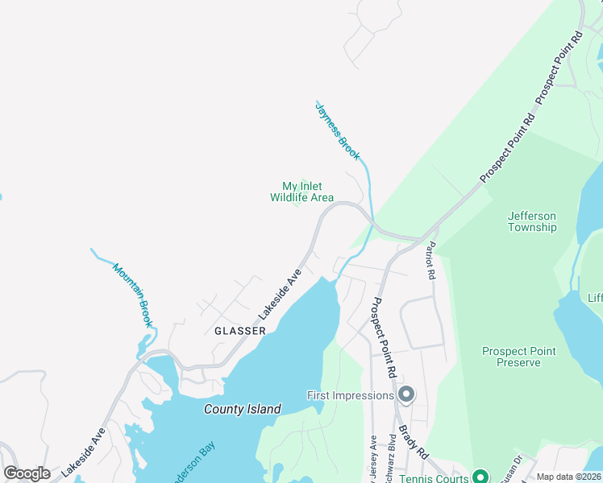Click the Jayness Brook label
338,131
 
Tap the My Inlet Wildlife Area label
301,192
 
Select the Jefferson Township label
532,221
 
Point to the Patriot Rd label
432,261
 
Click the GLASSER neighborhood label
240,331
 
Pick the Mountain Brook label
133,295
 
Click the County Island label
242,409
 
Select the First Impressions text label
350,395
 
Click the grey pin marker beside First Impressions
406,394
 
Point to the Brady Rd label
412,438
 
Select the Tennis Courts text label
434,477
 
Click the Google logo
27,473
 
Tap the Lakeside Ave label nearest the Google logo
84,451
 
